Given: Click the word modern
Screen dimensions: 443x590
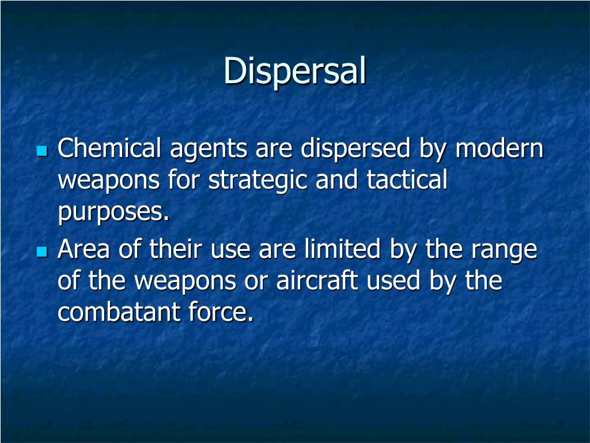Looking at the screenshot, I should pyautogui.click(x=499, y=149).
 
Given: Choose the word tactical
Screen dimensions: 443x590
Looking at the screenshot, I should pyautogui.click(x=407, y=181).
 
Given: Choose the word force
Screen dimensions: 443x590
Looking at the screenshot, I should pyautogui.click(x=221, y=313).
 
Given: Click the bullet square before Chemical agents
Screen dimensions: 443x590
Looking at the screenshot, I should pyautogui.click(x=41, y=151).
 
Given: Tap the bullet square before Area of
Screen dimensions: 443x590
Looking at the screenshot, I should pyautogui.click(x=41, y=251).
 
